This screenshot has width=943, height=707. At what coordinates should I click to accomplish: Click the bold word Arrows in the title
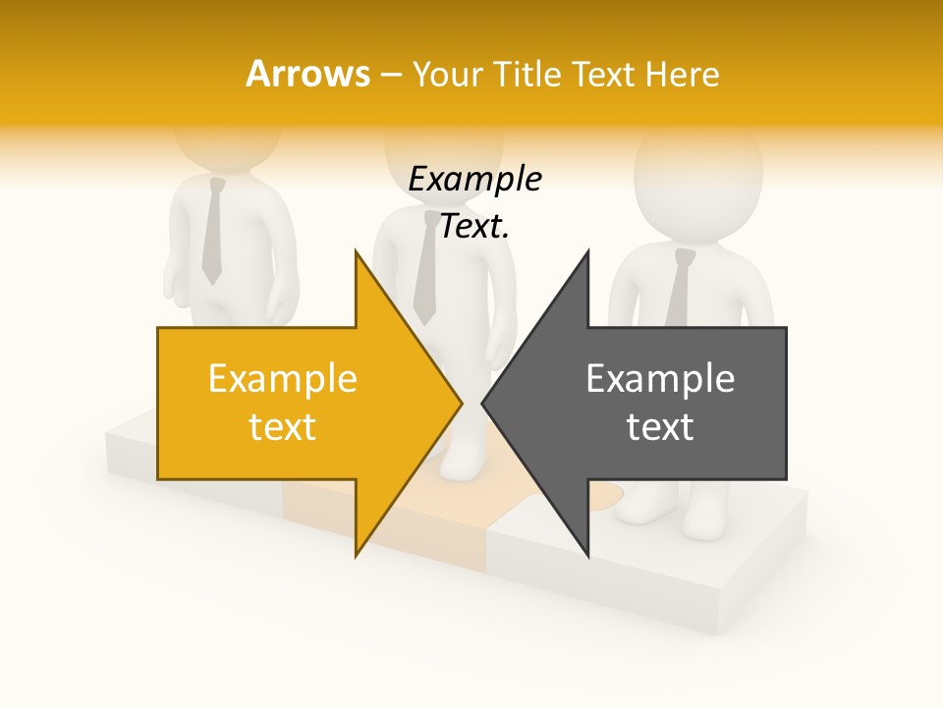click(x=307, y=74)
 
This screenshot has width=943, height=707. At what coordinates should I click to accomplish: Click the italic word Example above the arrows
click(x=474, y=180)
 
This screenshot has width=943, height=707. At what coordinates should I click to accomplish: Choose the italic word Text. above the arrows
click(x=474, y=227)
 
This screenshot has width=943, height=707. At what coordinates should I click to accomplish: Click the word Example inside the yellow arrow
click(x=282, y=379)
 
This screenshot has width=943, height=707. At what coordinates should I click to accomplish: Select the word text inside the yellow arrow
click(x=282, y=427)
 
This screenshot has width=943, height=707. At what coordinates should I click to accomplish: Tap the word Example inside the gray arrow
click(x=660, y=379)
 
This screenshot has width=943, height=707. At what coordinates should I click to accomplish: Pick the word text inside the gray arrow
click(x=660, y=427)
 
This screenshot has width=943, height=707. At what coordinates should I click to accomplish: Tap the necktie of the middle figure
click(x=425, y=270)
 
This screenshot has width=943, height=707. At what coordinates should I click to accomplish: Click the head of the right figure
click(x=697, y=177)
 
